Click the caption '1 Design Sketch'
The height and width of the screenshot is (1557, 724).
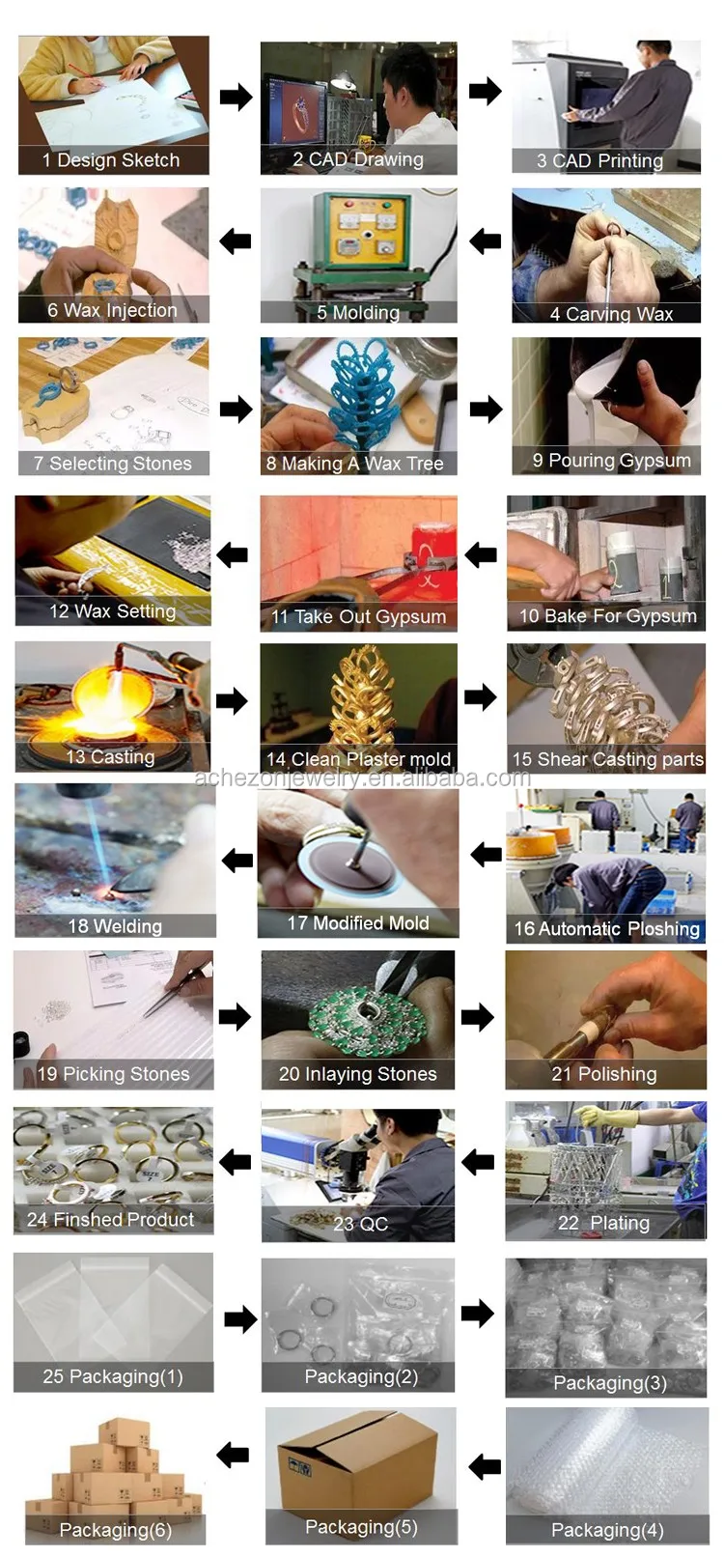coord(111,160)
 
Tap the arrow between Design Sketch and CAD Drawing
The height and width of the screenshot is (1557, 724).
coord(236,97)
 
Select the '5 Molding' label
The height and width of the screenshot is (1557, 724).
coord(358,313)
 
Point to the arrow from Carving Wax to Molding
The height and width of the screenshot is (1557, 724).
coord(485,241)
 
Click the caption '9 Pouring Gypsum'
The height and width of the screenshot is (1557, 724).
coord(611,461)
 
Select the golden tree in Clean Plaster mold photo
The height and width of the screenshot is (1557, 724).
coord(361,702)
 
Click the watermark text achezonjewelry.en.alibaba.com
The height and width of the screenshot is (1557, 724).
coord(362,778)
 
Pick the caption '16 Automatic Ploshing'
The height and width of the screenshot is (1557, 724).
coord(606,929)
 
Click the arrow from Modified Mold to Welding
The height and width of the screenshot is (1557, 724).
coord(237,861)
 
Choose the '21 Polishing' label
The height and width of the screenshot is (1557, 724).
coord(603,1075)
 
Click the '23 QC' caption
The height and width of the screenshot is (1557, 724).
coord(360,1225)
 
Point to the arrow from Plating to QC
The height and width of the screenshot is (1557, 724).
coord(477,1161)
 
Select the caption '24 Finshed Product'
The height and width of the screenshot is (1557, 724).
coord(110,1220)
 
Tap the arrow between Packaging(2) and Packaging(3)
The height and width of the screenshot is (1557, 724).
coord(477,1314)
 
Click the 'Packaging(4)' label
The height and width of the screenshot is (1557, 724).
coord(607,1531)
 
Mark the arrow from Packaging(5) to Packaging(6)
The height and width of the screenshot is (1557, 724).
coord(233,1454)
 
